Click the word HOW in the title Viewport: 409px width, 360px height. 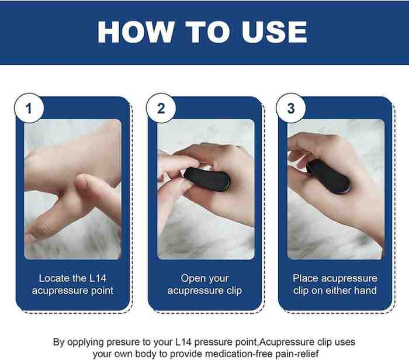pyautogui.click(x=136, y=32)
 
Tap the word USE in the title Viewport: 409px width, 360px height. pyautogui.click(x=275, y=32)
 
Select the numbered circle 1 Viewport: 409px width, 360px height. pyautogui.click(x=29, y=108)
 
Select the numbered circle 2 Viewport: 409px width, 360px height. pyautogui.click(x=161, y=108)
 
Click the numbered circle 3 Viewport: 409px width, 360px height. pyautogui.click(x=291, y=108)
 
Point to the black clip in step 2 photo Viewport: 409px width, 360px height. pyautogui.click(x=207, y=179)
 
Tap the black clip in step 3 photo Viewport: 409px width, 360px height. pyautogui.click(x=328, y=176)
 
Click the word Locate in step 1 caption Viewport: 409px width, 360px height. pyautogui.click(x=54, y=278)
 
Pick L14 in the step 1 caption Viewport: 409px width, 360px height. pyautogui.click(x=98, y=278)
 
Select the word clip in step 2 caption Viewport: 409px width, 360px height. pyautogui.click(x=234, y=290)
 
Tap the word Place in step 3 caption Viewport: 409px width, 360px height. pyautogui.click(x=306, y=278)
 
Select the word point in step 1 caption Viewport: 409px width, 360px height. pyautogui.click(x=102, y=290)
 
